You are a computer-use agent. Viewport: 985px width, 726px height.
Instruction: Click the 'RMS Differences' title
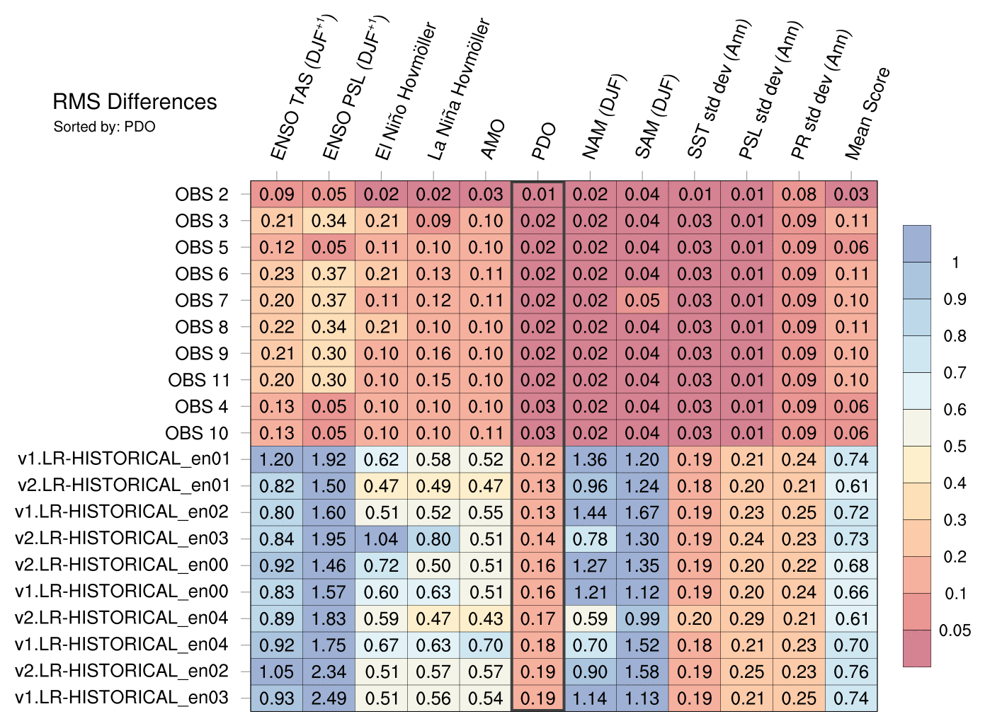pyautogui.click(x=135, y=101)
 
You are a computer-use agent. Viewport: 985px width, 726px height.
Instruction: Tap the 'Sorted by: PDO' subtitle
pyautogui.click(x=104, y=127)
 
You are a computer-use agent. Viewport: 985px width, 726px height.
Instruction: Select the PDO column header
pyautogui.click(x=544, y=142)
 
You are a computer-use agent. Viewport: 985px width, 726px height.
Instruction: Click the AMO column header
pyautogui.click(x=493, y=139)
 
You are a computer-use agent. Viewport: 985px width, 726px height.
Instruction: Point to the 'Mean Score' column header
pyautogui.click(x=867, y=114)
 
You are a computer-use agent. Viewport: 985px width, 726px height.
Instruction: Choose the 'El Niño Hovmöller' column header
pyautogui.click(x=406, y=91)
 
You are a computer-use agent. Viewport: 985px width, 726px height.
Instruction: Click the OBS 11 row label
pyautogui.click(x=199, y=380)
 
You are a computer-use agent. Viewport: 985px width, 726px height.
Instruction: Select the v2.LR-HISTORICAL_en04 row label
pyautogui.click(x=122, y=618)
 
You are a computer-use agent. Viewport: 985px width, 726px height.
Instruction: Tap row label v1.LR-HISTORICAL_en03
pyautogui.click(x=122, y=698)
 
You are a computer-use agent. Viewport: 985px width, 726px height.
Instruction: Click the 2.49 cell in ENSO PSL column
pyautogui.click(x=329, y=698)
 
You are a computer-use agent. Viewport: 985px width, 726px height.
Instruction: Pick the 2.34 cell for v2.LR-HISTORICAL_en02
pyautogui.click(x=329, y=672)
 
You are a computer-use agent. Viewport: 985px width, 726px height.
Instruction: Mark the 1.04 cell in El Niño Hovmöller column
pyautogui.click(x=381, y=539)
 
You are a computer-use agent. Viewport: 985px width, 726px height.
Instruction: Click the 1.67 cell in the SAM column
pyautogui.click(x=642, y=513)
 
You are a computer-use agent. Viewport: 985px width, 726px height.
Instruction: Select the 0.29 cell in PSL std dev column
pyautogui.click(x=746, y=618)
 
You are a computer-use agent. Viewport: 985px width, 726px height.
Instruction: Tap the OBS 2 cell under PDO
pyautogui.click(x=537, y=195)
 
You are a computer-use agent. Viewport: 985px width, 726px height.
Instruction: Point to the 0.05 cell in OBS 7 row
pyautogui.click(x=642, y=301)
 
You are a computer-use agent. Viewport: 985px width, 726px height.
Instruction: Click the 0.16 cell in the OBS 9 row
pyautogui.click(x=433, y=354)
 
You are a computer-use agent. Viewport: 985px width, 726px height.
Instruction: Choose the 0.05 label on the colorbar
pyautogui.click(x=955, y=630)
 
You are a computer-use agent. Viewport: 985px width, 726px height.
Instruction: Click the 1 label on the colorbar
pyautogui.click(x=955, y=263)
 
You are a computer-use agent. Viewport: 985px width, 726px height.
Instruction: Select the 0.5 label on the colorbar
pyautogui.click(x=955, y=446)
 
